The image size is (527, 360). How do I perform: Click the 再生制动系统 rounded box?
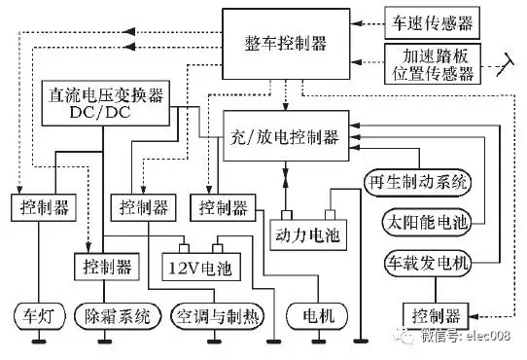[x=416, y=183]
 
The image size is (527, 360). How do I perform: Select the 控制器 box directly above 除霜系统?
[x=106, y=264]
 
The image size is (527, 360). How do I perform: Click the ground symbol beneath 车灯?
[x=38, y=342]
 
